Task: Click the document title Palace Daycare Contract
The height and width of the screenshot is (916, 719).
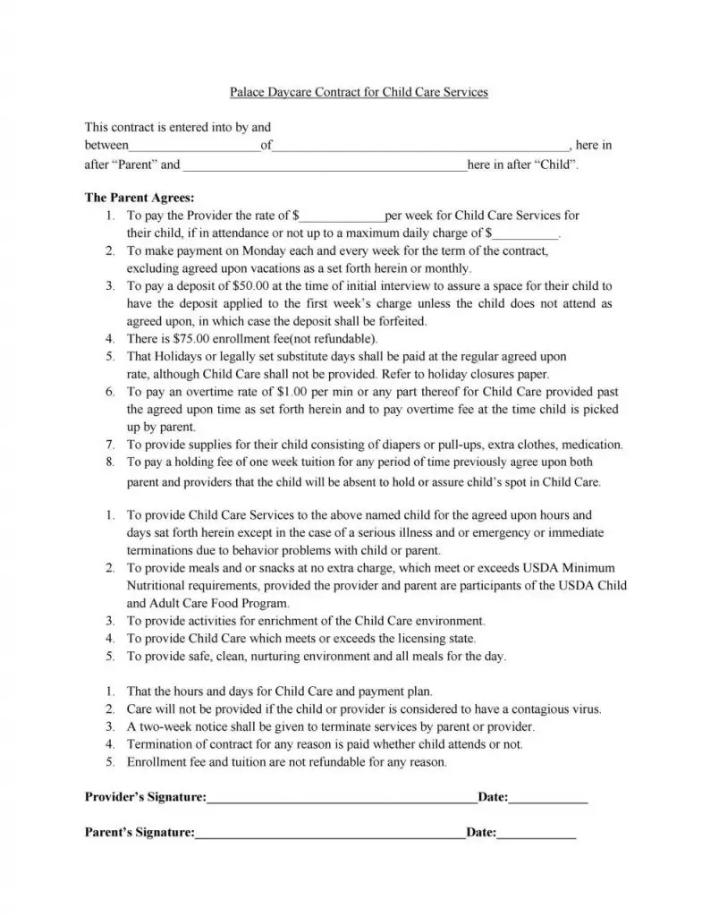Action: [359, 92]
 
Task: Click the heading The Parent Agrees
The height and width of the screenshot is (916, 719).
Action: [139, 198]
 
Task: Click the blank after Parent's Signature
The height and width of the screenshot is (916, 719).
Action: [330, 833]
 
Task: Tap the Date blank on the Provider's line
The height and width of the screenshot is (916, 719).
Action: [548, 796]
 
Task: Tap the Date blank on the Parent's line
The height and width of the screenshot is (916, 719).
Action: [537, 833]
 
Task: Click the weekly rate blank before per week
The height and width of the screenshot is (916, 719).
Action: [343, 216]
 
